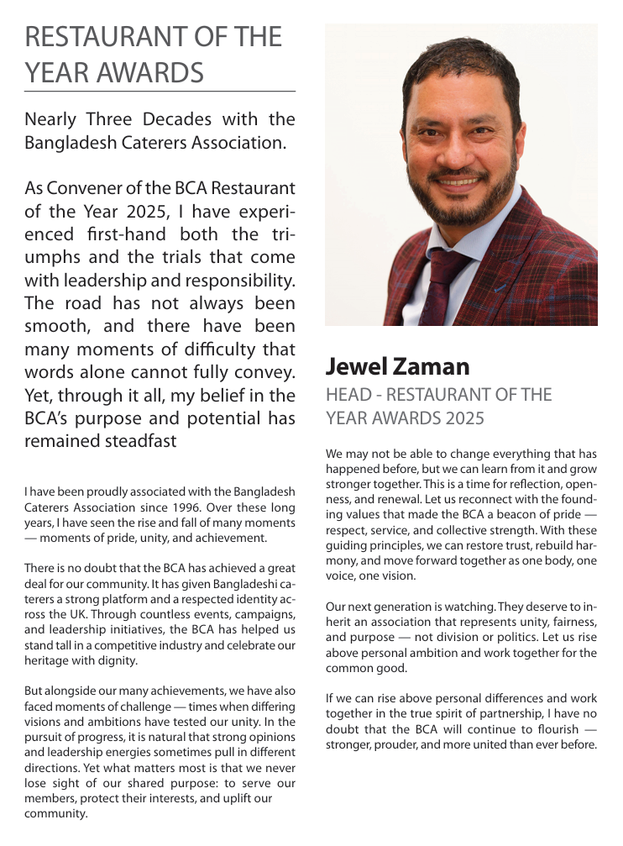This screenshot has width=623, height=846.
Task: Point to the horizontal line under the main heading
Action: (x=160, y=91)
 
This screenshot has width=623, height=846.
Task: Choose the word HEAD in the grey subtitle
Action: (x=347, y=395)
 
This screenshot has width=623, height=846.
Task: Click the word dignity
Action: (x=117, y=661)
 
